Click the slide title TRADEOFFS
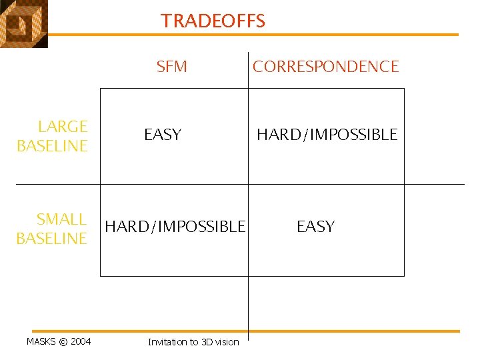pyautogui.click(x=213, y=21)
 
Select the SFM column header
pyautogui.click(x=171, y=67)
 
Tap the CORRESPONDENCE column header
pyautogui.click(x=325, y=67)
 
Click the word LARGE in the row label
pyautogui.click(x=63, y=126)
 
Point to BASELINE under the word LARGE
pyautogui.click(x=52, y=146)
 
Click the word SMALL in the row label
pyautogui.click(x=61, y=219)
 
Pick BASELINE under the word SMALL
pyautogui.click(x=52, y=239)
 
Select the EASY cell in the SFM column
pyautogui.click(x=163, y=135)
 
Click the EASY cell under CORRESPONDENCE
pyautogui.click(x=315, y=227)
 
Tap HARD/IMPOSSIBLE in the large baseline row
pyautogui.click(x=327, y=135)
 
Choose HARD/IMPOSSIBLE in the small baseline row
pyautogui.click(x=175, y=227)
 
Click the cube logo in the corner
pyautogui.click(x=23, y=24)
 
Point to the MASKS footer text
pyautogui.click(x=41, y=342)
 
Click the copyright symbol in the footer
pyautogui.click(x=63, y=342)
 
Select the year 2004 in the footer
pyautogui.click(x=81, y=342)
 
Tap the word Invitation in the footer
pyautogui.click(x=167, y=342)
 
